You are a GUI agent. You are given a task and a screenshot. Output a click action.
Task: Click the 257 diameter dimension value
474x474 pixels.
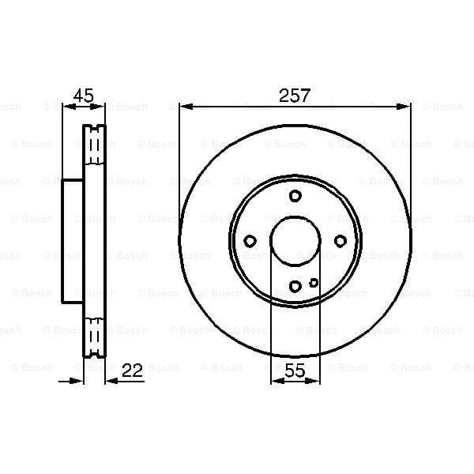click(295, 96)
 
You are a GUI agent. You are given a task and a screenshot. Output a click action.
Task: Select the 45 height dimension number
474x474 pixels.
click(83, 96)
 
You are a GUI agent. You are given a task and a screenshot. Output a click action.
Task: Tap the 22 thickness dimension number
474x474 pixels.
click(135, 368)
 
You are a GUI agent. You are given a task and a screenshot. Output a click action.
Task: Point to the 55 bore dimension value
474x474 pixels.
click(295, 368)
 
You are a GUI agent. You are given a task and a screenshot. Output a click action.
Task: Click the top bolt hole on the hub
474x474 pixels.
click(295, 197)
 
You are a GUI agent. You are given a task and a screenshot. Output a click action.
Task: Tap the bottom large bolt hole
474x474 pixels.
click(295, 286)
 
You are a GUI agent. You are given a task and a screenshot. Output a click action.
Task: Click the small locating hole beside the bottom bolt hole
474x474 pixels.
click(314, 282)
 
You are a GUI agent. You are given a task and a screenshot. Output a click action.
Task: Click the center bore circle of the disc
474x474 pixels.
click(295, 242)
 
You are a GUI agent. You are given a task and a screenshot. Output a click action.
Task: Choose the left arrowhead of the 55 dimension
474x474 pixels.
click(276, 382)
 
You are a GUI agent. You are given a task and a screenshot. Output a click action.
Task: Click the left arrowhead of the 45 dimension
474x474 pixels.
click(66, 107)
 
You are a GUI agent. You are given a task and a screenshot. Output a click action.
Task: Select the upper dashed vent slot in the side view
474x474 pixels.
click(96, 144)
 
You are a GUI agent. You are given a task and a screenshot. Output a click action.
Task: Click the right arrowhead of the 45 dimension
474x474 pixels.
click(100, 107)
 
